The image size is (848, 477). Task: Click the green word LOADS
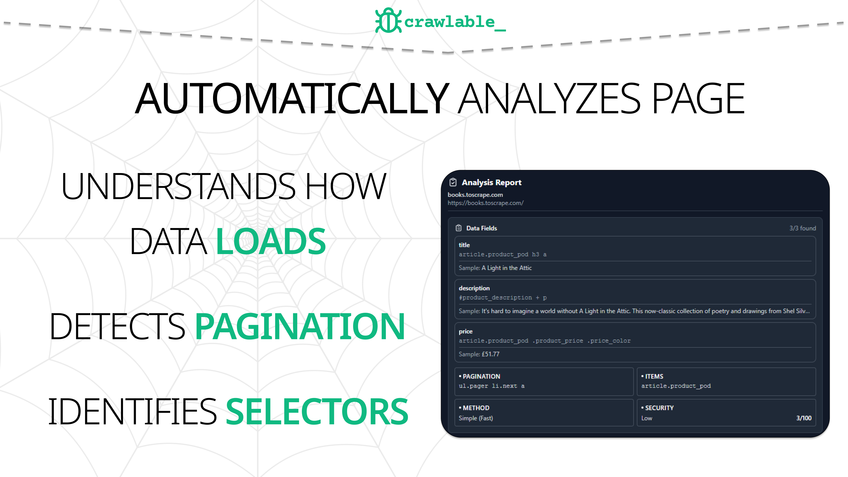(x=271, y=242)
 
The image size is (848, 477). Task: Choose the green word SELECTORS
(x=317, y=411)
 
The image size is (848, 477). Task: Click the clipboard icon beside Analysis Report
(x=453, y=182)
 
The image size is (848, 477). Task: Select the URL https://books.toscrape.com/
(x=485, y=203)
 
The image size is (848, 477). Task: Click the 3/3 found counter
(x=802, y=228)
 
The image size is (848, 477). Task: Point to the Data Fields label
(x=481, y=228)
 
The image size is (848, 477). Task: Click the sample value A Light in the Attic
(x=506, y=268)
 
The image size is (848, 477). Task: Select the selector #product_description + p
(x=502, y=298)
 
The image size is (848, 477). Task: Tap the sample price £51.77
(x=490, y=354)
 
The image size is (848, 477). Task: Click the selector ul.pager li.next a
(x=491, y=386)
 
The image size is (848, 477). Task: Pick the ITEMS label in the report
(x=654, y=376)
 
